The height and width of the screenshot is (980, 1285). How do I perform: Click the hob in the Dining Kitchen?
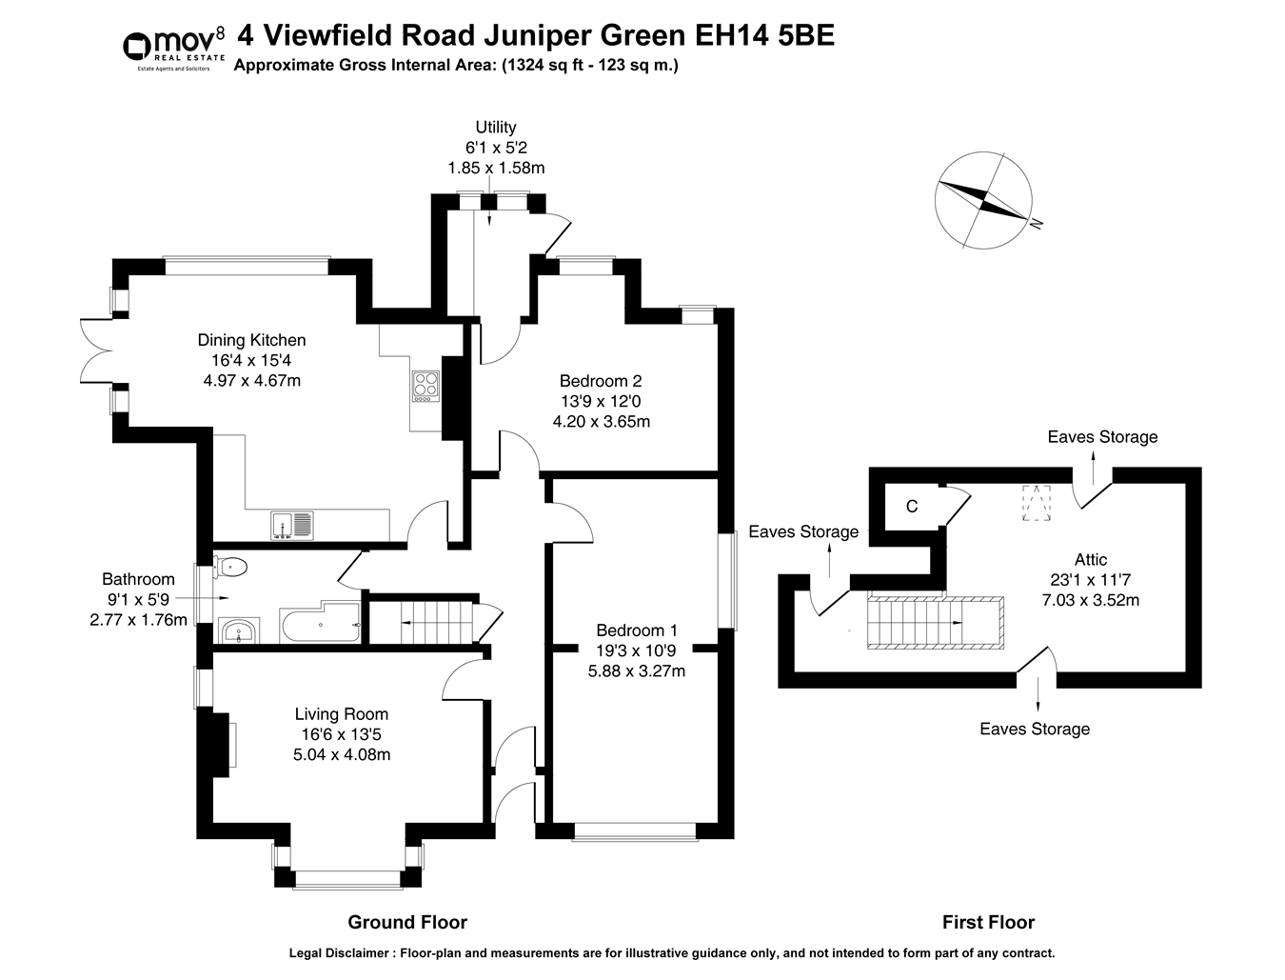pyautogui.click(x=425, y=385)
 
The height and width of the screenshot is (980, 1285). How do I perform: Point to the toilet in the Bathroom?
pyautogui.click(x=229, y=568)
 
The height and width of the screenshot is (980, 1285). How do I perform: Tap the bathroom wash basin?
pyautogui.click(x=238, y=630)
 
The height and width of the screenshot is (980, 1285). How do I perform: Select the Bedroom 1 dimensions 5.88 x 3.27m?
pyautogui.click(x=636, y=670)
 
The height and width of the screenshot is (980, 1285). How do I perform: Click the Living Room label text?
pyautogui.click(x=341, y=714)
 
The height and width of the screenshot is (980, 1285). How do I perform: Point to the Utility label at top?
pyautogui.click(x=496, y=127)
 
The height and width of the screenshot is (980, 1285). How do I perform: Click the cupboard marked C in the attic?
pyautogui.click(x=912, y=507)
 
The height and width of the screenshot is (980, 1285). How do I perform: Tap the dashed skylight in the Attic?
pyautogui.click(x=1036, y=503)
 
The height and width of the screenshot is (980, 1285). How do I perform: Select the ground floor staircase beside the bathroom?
pyautogui.click(x=422, y=622)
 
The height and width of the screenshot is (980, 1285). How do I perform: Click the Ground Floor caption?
pyautogui.click(x=407, y=922)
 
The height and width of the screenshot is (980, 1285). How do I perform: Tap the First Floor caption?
pyautogui.click(x=988, y=922)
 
